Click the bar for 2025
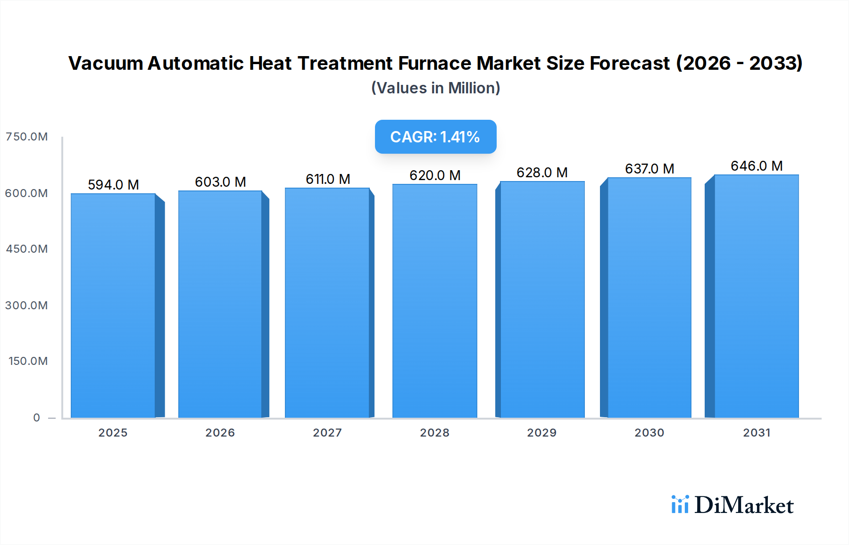click(x=113, y=306)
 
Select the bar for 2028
click(x=434, y=301)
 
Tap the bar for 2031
click(x=756, y=296)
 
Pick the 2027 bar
click(x=327, y=303)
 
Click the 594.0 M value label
click(x=113, y=185)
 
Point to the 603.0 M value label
click(x=220, y=182)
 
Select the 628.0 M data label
click(x=542, y=173)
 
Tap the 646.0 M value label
click(x=757, y=166)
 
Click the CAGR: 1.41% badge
click(x=435, y=137)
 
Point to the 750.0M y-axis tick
click(x=26, y=137)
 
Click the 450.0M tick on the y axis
click(x=26, y=249)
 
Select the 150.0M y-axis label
click(x=28, y=361)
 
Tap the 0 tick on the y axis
click(x=36, y=418)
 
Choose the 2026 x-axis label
click(x=220, y=433)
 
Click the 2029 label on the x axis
click(x=541, y=433)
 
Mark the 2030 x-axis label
click(x=649, y=433)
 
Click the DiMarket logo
click(x=732, y=505)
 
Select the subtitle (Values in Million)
click(x=435, y=88)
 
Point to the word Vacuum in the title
click(x=106, y=63)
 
